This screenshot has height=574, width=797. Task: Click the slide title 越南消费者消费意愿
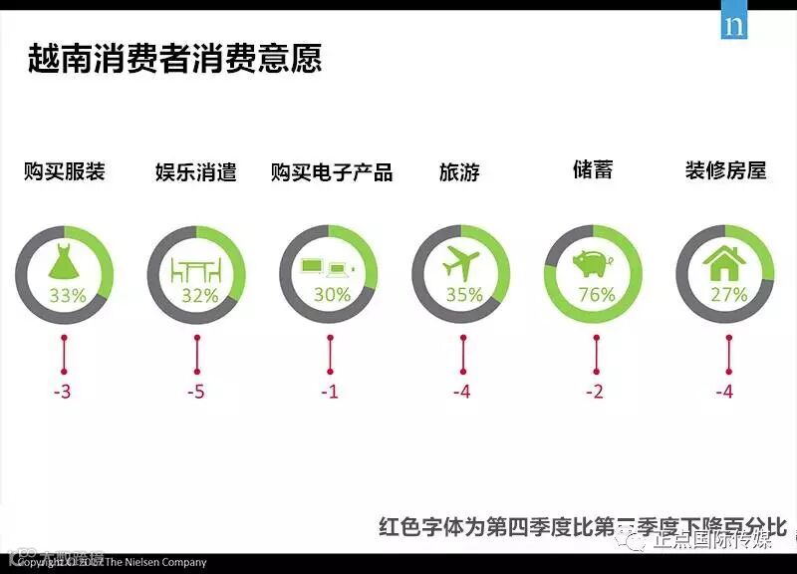[x=174, y=58]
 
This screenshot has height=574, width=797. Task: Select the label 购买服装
[x=65, y=171]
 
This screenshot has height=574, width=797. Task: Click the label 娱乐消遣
[x=196, y=171]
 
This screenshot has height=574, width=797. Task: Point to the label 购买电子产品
[x=332, y=171]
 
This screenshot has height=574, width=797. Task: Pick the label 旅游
[x=459, y=171]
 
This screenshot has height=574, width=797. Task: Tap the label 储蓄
[x=593, y=169]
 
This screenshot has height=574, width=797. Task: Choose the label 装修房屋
[x=725, y=169]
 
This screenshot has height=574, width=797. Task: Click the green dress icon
[x=65, y=262]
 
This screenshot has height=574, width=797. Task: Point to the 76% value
[x=597, y=295]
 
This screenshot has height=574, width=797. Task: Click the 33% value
[x=67, y=295]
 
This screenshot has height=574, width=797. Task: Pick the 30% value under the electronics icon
[x=332, y=295]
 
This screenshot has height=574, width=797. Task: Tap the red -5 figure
[x=196, y=392]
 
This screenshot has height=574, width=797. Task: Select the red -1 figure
[x=330, y=392]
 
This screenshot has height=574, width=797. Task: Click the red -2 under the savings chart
[x=595, y=392]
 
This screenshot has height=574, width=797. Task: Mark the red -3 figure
[x=63, y=392]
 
